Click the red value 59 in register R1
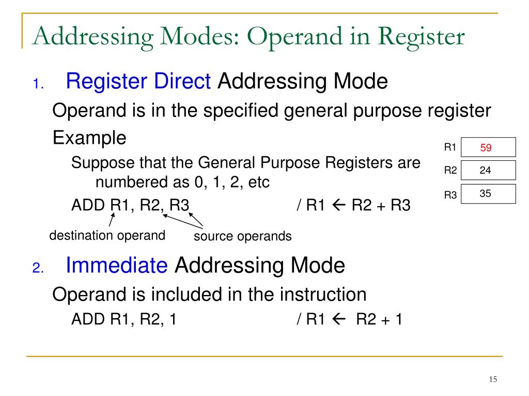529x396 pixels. click(486, 148)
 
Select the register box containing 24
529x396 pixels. click(488, 171)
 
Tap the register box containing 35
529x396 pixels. click(488, 194)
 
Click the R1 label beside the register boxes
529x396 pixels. click(450, 147)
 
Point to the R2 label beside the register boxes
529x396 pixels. click(450, 171)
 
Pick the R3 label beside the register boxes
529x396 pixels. click(450, 195)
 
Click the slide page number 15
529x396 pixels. click(492, 379)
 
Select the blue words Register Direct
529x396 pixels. click(138, 81)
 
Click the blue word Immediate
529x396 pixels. click(117, 266)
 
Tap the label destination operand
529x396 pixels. click(107, 236)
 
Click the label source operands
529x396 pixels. click(242, 237)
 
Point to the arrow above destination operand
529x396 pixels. click(111, 221)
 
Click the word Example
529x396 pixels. click(89, 138)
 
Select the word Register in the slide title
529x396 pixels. click(421, 38)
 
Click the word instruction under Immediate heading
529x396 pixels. click(323, 294)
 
